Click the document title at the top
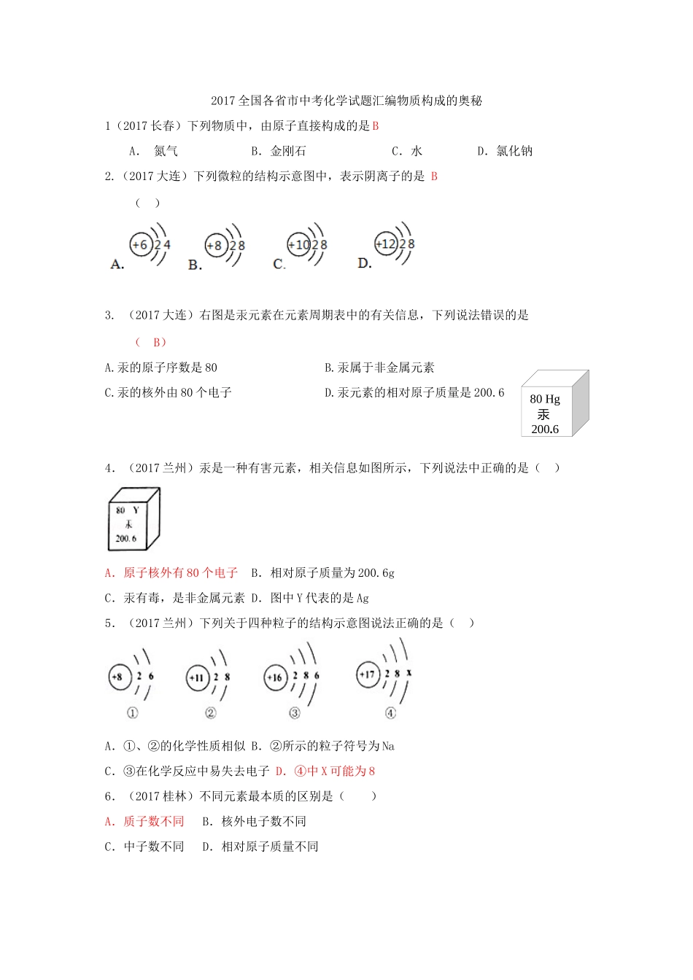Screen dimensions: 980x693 click(x=346, y=101)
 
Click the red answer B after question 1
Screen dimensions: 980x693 click(x=376, y=126)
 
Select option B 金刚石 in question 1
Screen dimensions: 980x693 click(x=279, y=151)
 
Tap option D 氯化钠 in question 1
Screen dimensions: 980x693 click(x=506, y=151)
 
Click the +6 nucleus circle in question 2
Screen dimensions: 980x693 click(x=140, y=245)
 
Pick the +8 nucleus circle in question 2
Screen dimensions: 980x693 click(x=215, y=246)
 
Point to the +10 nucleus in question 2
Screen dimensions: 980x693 click(x=299, y=245)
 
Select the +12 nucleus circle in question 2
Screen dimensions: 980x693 click(x=385, y=244)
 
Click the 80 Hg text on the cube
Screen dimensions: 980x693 click(x=545, y=399)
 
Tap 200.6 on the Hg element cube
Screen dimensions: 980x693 click(x=545, y=429)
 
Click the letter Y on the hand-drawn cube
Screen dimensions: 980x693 click(x=136, y=510)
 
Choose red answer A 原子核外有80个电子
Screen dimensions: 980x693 click(x=171, y=573)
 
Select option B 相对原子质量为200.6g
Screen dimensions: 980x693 click(x=323, y=573)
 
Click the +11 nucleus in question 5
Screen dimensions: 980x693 click(x=197, y=677)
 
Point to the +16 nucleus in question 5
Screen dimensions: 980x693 click(x=275, y=678)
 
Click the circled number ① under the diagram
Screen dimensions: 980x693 click(x=133, y=713)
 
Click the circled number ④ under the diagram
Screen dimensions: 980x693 click(x=391, y=713)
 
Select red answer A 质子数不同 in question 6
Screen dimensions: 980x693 click(x=144, y=822)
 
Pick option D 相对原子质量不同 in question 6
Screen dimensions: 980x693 click(x=260, y=847)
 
